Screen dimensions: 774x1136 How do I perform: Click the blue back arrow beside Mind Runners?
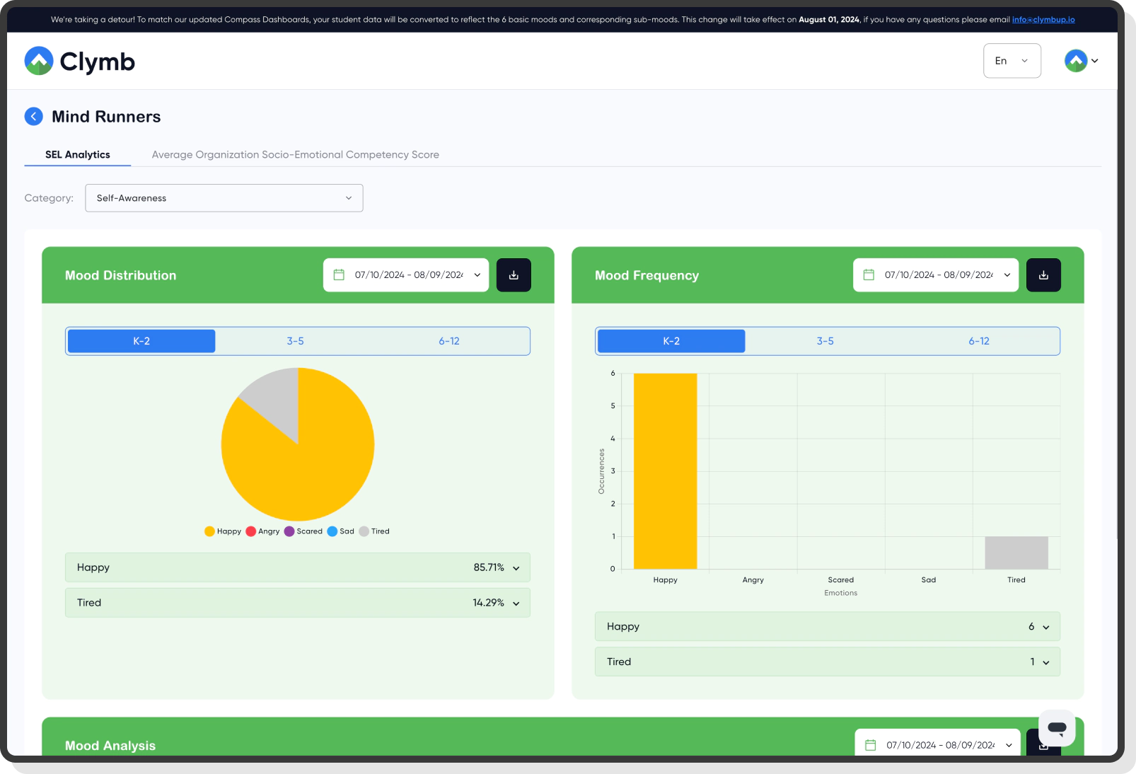[33, 117]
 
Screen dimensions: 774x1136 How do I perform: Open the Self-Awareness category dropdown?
[224, 198]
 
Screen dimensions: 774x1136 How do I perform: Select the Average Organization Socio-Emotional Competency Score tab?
[295, 155]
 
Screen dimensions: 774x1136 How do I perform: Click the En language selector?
[1012, 61]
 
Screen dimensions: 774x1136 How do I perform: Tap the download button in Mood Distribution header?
[514, 275]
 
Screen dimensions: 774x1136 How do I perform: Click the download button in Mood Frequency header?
[1043, 275]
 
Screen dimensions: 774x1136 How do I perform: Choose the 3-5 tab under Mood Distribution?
[295, 341]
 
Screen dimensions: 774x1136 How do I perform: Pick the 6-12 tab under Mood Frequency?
[979, 341]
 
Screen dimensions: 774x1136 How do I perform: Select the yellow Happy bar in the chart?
[665, 470]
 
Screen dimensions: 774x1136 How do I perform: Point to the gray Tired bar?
[1016, 553]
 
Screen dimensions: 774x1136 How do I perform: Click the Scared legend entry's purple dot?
[289, 531]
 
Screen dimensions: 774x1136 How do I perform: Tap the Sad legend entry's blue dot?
[332, 531]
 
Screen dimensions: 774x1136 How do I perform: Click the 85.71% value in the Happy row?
[489, 567]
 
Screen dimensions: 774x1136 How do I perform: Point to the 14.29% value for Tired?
[488, 603]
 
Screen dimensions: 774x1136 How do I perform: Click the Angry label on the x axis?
[753, 580]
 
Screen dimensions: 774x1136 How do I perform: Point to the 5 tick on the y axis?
[613, 406]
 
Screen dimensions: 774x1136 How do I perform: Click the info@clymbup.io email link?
[1043, 20]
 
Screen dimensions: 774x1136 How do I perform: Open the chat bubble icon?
[1057, 727]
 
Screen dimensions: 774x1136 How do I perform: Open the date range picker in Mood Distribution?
[406, 275]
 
